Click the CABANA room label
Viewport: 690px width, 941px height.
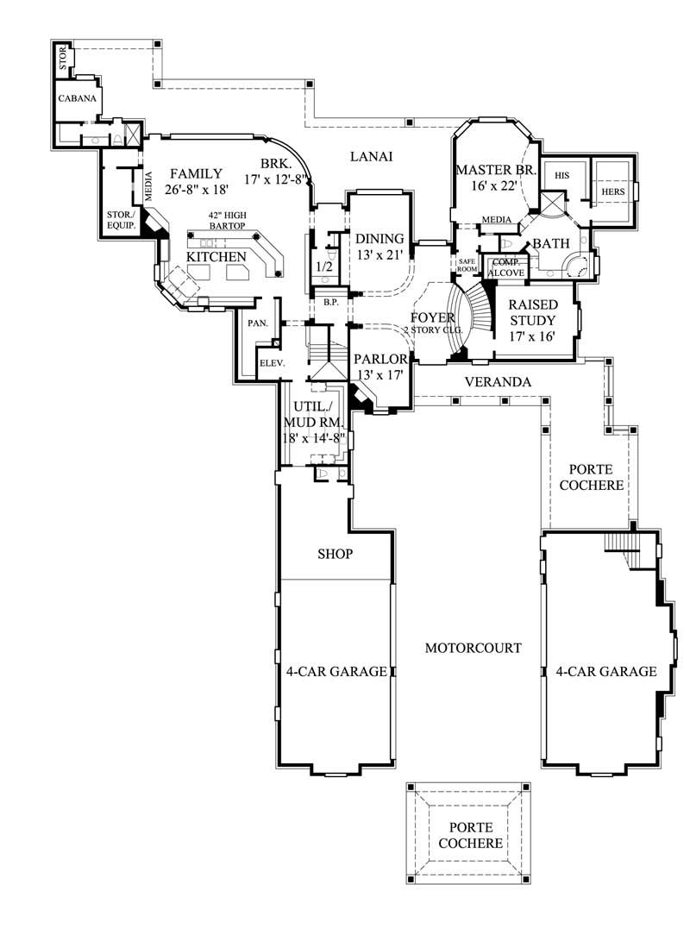[x=76, y=99]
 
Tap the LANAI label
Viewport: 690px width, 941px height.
[x=372, y=157]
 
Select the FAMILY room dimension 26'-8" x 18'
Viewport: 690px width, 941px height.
[x=196, y=190]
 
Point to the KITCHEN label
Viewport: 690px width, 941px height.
[x=216, y=257]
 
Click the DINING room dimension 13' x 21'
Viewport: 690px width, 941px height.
[x=380, y=254]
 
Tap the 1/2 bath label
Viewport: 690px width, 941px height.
[x=325, y=267]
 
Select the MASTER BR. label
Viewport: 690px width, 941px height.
[x=496, y=170]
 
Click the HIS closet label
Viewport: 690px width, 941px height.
[x=562, y=175]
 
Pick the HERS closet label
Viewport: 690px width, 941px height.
[x=612, y=191]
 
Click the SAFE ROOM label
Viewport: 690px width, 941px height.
[x=467, y=265]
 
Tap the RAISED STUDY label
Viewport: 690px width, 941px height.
[x=532, y=313]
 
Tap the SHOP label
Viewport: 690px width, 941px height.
[x=335, y=555]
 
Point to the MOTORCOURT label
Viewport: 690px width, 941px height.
[x=473, y=648]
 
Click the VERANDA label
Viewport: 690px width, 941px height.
[x=498, y=381]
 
